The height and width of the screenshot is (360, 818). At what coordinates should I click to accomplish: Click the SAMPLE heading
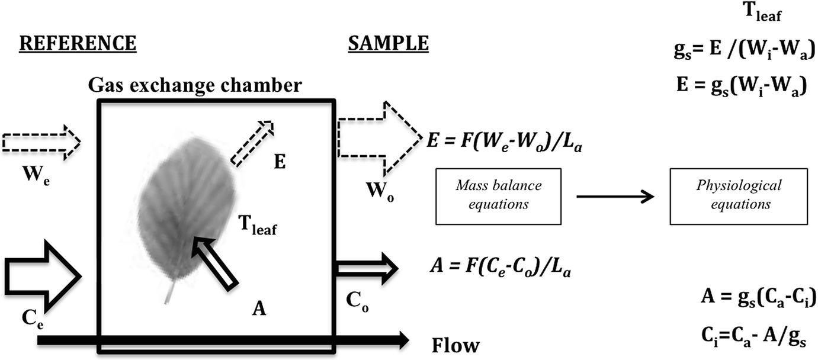click(387, 43)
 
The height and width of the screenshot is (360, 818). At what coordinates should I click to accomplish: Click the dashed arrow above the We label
click(41, 142)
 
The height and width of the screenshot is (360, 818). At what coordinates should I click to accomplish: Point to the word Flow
click(455, 344)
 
